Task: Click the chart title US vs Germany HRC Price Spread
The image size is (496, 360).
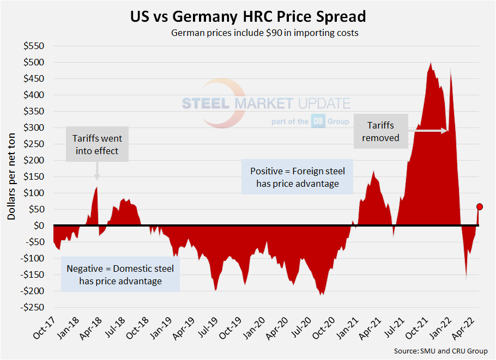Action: click(248, 16)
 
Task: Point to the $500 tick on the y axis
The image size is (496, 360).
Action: click(35, 62)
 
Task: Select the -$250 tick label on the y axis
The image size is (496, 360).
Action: click(33, 307)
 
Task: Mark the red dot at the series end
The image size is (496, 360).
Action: click(480, 206)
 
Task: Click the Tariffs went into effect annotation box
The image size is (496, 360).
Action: click(97, 144)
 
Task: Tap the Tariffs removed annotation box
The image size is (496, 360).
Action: click(381, 131)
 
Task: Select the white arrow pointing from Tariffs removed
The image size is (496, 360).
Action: click(428, 131)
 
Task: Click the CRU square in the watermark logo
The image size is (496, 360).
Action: click(318, 121)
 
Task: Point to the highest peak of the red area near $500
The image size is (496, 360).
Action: click(431, 63)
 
